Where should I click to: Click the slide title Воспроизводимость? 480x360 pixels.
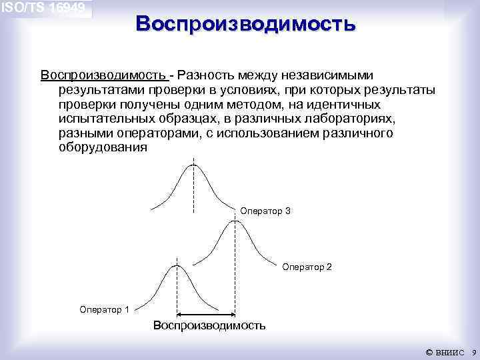pyautogui.click(x=245, y=24)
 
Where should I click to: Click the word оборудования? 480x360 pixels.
pyautogui.click(x=102, y=148)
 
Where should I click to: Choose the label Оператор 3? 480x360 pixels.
pyautogui.click(x=265, y=211)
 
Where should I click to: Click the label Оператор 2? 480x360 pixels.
pyautogui.click(x=307, y=267)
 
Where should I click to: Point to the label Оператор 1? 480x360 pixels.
pyautogui.click(x=104, y=309)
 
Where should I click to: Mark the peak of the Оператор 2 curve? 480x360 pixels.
pyautogui.click(x=234, y=222)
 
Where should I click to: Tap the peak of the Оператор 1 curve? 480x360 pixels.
pyautogui.click(x=177, y=265)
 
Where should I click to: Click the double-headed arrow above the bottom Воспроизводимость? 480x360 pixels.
pyautogui.click(x=205, y=315)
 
